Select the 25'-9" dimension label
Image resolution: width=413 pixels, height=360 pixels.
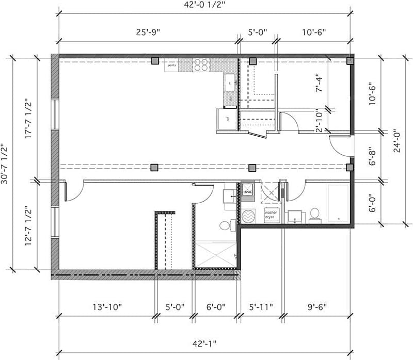tap(148, 32)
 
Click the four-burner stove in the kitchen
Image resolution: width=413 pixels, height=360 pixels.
tap(202, 65)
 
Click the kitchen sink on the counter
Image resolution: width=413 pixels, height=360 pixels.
tap(230, 81)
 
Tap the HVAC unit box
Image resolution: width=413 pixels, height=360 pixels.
tap(247, 191)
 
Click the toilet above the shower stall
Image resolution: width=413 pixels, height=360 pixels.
tap(226, 225)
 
